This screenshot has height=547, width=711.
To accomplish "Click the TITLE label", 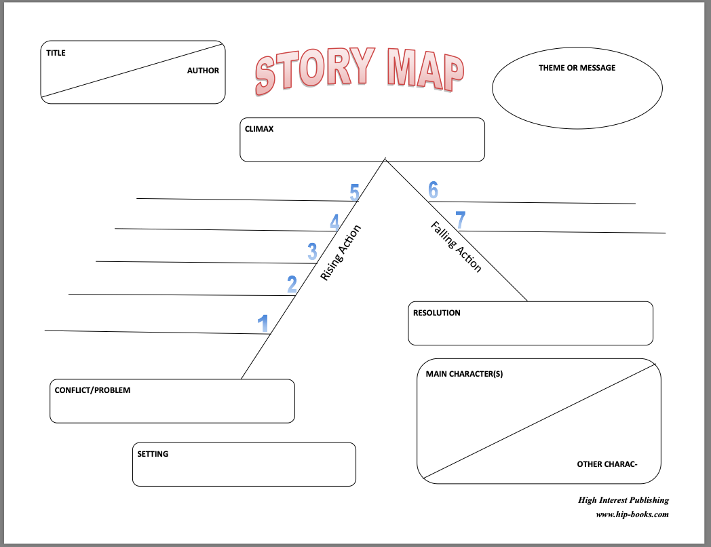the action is coord(56,53).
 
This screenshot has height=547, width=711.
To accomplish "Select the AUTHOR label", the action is coord(203,71).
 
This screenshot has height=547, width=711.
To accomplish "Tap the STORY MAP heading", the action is coord(360,71).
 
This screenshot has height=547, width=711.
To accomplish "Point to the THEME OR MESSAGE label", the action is coord(577,68).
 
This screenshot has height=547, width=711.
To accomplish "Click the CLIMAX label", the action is coord(259,129).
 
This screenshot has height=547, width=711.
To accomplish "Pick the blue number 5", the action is coord(355,192).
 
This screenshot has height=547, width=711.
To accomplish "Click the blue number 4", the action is coord(334,222).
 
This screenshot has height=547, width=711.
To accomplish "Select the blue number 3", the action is coord(313,252).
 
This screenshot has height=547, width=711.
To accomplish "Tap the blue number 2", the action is coord(292,284).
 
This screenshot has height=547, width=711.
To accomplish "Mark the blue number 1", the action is coord(263,324).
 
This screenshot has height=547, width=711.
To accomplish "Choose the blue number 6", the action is coord(433,190).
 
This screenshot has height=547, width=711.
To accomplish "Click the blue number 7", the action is coord(460,220).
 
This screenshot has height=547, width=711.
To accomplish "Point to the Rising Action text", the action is coord(341,252).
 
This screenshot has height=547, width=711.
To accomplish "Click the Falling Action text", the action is coord(456,247).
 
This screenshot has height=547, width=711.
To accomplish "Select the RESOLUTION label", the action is coord(437,313).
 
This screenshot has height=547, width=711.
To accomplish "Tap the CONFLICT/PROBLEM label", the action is coord(92,390).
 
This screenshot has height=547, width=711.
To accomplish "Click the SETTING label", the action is coord(153,454).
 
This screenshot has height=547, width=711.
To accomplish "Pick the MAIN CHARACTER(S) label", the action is coord(464,374).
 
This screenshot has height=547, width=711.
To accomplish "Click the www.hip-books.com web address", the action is coord(632,514).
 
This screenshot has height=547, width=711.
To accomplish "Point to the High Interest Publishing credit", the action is coord(623,500).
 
